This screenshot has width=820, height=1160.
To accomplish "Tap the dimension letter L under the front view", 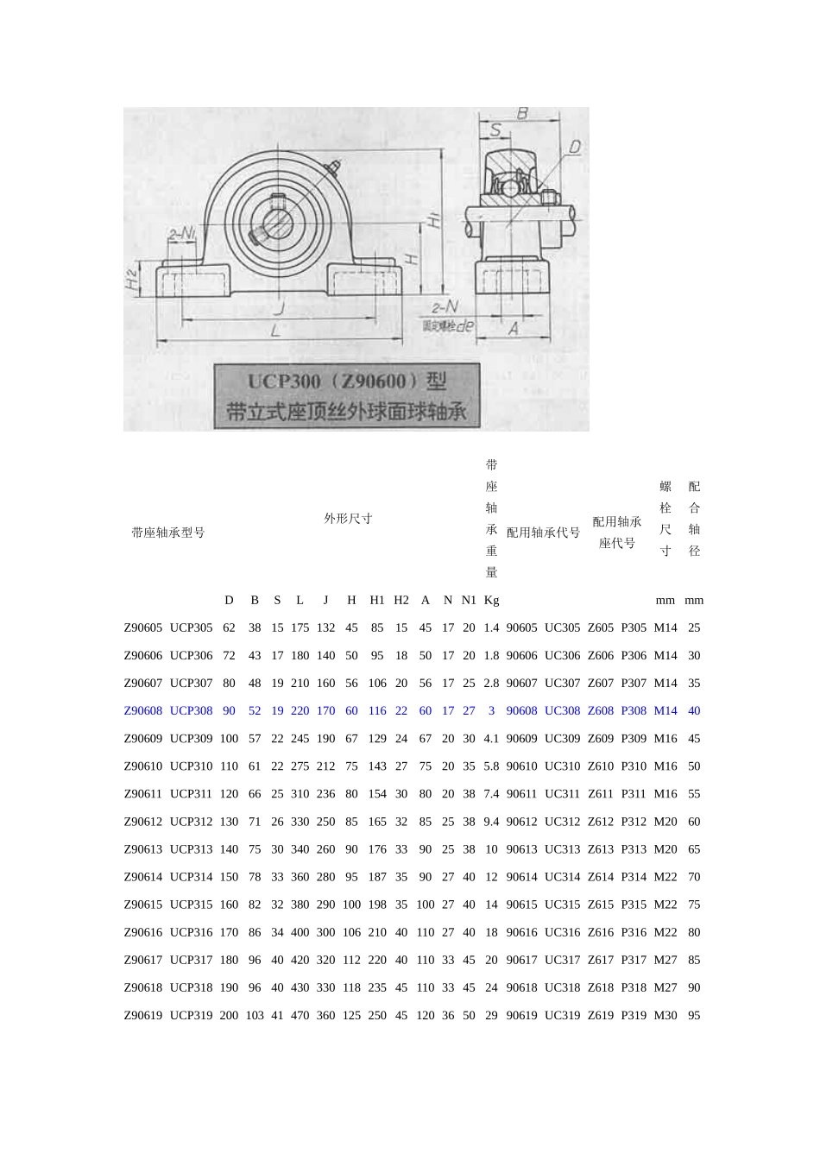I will [274, 331].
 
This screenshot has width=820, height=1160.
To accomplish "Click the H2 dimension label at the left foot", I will [132, 279].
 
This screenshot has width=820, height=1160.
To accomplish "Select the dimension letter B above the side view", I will [522, 113].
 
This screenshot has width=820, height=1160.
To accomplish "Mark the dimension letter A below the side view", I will [514, 328].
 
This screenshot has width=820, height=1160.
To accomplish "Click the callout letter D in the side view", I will [575, 148].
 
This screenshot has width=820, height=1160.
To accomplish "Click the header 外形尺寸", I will [348, 519].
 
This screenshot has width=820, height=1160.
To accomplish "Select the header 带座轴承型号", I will [168, 533].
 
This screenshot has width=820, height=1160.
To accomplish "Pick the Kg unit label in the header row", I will [491, 600].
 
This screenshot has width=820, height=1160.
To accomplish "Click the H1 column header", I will [377, 600].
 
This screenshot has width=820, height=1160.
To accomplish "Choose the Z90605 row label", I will [143, 627].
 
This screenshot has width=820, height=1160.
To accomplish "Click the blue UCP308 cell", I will [191, 710].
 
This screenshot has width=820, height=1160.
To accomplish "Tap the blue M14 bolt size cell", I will [665, 710].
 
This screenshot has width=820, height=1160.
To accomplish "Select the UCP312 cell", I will [191, 822].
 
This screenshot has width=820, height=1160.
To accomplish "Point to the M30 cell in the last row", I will [665, 1015].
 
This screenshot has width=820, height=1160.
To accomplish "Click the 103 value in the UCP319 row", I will [255, 1015].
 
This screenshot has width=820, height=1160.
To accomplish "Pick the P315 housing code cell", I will [634, 905].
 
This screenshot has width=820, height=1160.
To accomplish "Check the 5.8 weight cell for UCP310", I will [491, 766].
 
